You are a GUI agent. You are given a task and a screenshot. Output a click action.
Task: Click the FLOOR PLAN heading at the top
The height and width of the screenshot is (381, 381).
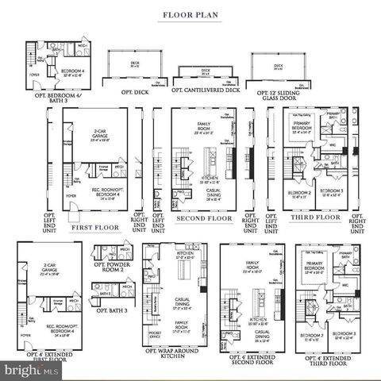coord(190,14)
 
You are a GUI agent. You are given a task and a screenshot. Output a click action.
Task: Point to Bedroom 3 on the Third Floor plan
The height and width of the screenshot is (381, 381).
coord(332,192)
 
